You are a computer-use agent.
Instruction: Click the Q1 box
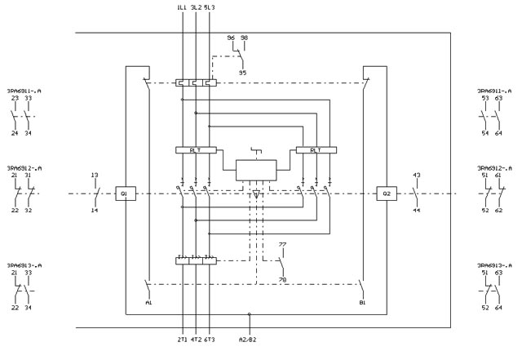125,193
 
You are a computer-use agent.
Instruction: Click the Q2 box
386,193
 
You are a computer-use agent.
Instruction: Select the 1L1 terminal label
181,7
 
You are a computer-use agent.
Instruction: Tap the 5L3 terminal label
210,7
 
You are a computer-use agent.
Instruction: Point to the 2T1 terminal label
181,339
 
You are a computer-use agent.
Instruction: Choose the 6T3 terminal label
210,339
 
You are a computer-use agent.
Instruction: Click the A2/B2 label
249,339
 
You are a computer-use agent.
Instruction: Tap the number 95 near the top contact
242,73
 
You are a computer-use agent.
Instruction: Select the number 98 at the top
244,38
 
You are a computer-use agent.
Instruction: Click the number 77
282,245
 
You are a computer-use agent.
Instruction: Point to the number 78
283,280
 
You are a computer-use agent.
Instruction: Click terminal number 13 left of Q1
95,176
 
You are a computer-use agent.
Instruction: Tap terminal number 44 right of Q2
416,211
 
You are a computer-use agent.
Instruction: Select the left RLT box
195,150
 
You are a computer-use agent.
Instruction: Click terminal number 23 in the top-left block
15,98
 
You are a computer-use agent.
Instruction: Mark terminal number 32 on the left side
29,211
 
